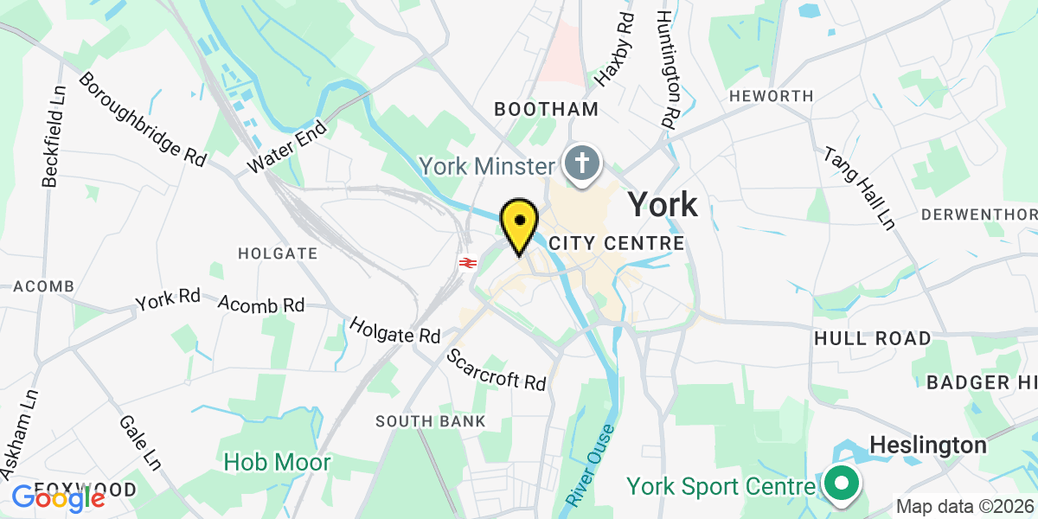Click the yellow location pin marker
click(519, 223)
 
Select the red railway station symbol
click(468, 261)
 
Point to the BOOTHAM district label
click(546, 109)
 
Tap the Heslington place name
click(927, 445)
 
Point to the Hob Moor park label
click(277, 462)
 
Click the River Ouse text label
click(592, 465)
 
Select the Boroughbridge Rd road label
click(143, 119)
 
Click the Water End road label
click(287, 146)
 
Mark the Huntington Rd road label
click(666, 69)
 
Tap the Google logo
click(58, 497)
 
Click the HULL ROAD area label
click(872, 338)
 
